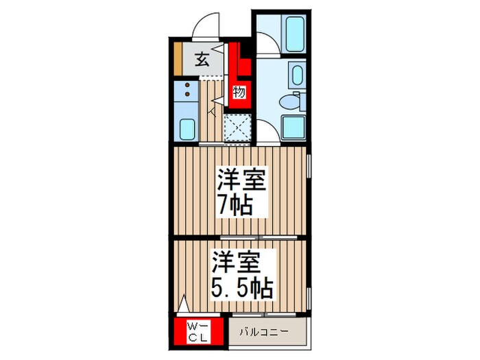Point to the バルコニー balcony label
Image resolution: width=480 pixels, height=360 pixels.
264,333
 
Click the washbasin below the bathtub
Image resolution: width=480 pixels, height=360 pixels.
297,74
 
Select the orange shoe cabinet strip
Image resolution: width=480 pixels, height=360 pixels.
177,60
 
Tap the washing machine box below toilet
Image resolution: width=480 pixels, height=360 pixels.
296,128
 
